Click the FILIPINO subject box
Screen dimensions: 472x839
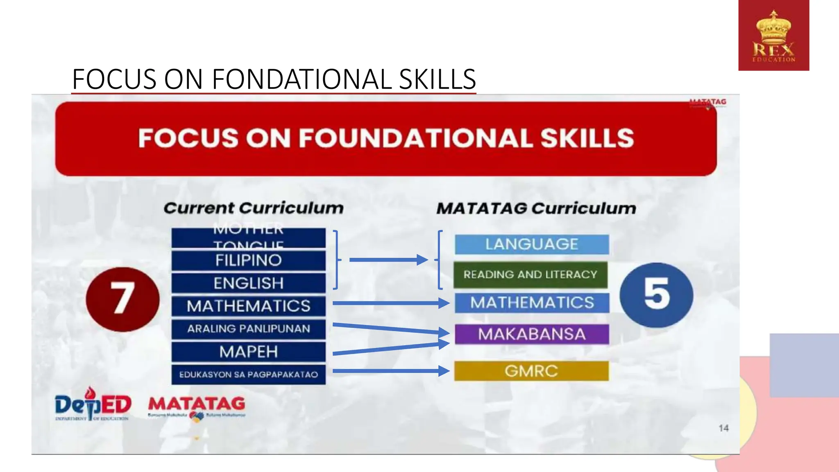[248, 261]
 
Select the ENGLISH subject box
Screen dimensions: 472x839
[248, 283]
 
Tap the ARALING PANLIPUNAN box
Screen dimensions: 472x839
[248, 329]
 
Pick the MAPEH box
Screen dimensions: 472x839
[248, 352]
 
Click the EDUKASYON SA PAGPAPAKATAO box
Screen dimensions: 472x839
[248, 374]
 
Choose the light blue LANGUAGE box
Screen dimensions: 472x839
[532, 244]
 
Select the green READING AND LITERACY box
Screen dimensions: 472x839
[530, 275]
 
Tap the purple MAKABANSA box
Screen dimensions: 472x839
[532, 334]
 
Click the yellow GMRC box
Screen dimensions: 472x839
[531, 371]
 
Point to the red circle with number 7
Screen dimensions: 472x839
[122, 299]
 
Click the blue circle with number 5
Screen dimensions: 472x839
[656, 295]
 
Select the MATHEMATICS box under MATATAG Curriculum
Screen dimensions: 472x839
[532, 303]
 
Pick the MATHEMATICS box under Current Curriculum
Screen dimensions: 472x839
[248, 306]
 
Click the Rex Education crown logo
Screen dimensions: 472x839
[773, 36]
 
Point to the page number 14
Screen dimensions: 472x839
[723, 428]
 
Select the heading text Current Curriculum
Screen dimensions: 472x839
[254, 208]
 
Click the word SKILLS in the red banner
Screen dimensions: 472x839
[587, 138]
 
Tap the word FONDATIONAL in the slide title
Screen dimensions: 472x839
[301, 79]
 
